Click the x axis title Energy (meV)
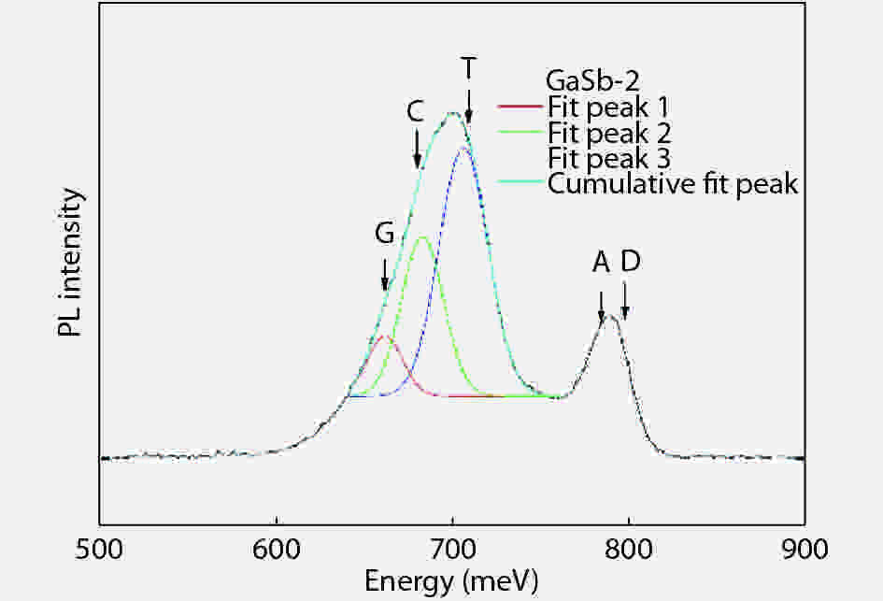[451, 581]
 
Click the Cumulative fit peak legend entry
[673, 183]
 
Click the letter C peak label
[416, 111]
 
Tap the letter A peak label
[602, 264]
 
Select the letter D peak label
[630, 264]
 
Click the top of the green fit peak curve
[422, 236]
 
